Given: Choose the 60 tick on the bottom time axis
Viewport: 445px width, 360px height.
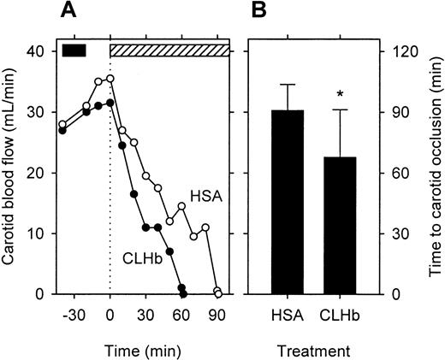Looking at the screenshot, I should click(181, 313).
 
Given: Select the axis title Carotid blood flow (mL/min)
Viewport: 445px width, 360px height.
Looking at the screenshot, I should click(12, 171).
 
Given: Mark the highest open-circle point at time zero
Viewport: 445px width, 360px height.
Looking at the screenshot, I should click(110, 78).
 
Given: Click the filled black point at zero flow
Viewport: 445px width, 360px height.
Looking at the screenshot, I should click(182, 293).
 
